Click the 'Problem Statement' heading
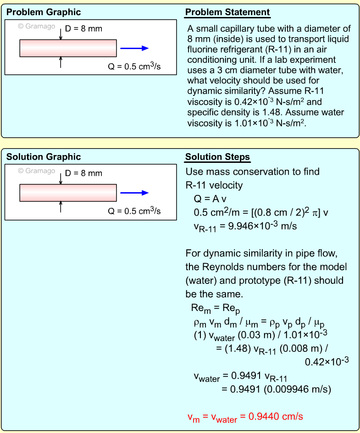point(227,12)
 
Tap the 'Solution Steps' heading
point(217,157)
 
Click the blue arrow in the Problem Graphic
point(134,48)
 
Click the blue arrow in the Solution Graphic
point(134,193)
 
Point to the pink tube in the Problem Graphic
point(68,48)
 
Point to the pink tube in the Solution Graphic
point(68,193)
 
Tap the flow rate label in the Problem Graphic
point(134,67)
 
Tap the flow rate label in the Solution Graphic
point(134,211)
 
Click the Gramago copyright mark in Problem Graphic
point(37,26)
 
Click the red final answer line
point(245,417)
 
